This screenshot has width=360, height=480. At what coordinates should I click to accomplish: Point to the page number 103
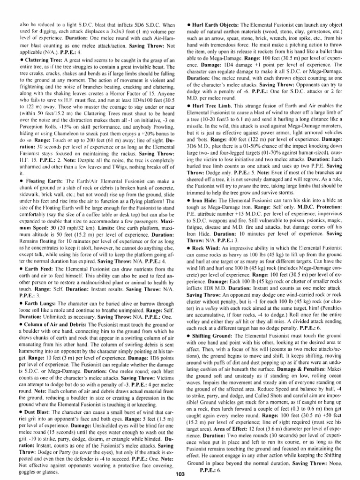[x=180, y=474]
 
